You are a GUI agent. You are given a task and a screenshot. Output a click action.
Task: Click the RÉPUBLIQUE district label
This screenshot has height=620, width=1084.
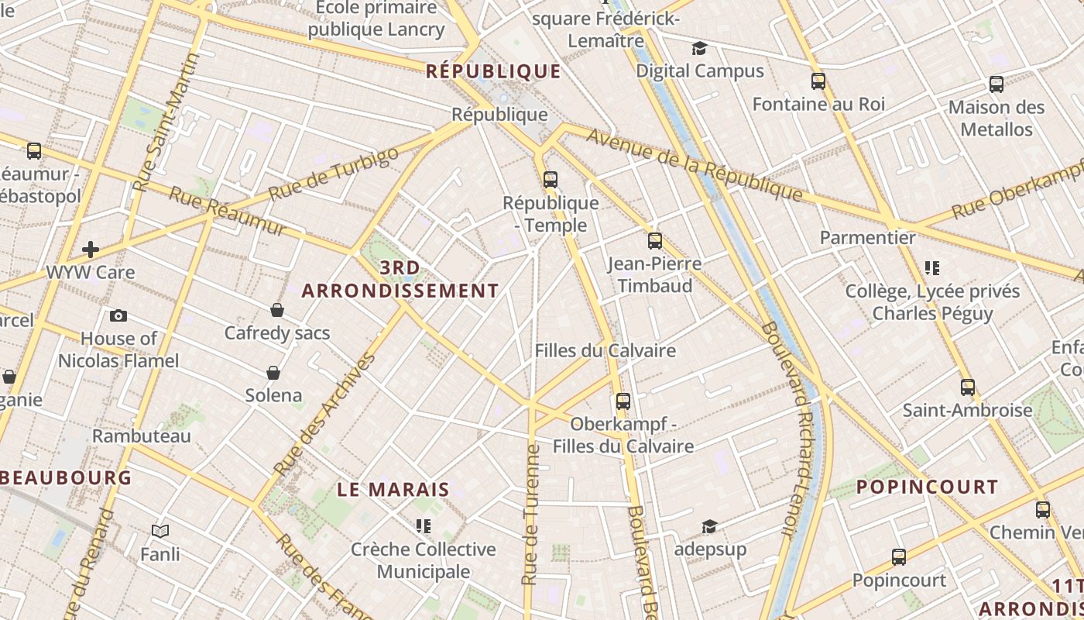click(493, 71)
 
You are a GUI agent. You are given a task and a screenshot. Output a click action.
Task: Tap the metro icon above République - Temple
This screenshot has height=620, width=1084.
click(551, 180)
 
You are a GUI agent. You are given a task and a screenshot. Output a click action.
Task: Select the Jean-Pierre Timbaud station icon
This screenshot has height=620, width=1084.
click(655, 240)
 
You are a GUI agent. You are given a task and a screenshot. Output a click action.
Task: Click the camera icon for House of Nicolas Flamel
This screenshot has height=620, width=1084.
click(118, 315)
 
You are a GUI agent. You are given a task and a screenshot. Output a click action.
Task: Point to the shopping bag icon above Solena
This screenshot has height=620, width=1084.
click(273, 373)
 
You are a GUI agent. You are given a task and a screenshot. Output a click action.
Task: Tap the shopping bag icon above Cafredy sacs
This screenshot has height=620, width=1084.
click(277, 310)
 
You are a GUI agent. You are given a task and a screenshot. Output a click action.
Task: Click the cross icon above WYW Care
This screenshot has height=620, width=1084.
click(91, 249)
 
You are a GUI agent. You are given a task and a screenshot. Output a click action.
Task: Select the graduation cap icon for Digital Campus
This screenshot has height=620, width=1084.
click(700, 48)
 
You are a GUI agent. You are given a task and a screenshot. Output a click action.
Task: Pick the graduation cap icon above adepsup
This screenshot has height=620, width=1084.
click(709, 527)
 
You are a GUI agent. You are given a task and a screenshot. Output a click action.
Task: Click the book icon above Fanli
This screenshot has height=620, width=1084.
click(160, 531)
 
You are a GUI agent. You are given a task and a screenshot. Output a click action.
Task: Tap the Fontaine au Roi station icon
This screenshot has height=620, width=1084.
click(818, 81)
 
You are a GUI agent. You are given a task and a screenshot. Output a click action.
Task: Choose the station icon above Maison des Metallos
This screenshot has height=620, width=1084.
click(997, 84)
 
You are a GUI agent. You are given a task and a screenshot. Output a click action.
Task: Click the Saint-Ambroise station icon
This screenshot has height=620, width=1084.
click(968, 387)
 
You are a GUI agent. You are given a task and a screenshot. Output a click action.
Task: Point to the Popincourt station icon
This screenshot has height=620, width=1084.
click(899, 556)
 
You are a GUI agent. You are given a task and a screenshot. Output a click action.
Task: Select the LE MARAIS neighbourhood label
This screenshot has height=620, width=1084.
click(393, 490)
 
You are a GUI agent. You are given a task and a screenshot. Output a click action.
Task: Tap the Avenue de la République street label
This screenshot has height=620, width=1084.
click(694, 164)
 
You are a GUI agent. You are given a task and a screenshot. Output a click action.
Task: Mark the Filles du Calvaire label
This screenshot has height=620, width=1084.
click(605, 350)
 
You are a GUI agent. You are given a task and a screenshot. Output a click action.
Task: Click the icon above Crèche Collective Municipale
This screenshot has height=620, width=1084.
click(423, 526)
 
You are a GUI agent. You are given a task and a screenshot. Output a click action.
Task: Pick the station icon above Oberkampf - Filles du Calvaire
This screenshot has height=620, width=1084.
click(623, 401)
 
